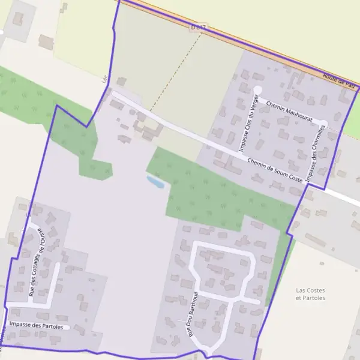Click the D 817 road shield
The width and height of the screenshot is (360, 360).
point(198,28)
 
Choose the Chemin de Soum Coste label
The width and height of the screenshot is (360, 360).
point(275,170)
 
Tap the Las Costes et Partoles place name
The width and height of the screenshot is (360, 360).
point(311,294)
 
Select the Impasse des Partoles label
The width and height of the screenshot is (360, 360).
point(36,325)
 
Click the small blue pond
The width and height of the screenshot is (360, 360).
point(155,181)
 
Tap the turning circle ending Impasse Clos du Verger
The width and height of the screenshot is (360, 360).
point(258,90)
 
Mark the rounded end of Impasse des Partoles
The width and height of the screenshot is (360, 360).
point(67,327)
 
